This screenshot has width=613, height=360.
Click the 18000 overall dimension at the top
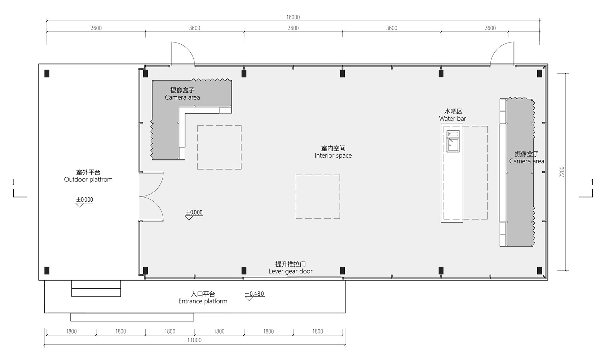click(293, 17)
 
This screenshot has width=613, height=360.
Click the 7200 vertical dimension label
click(562, 172)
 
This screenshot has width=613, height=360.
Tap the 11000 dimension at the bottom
click(194, 340)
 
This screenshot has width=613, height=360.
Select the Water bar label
click(453, 119)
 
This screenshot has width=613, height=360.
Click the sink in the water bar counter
click(453, 141)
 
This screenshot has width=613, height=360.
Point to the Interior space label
click(333, 155)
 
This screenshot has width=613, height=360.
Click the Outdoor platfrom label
click(88, 179)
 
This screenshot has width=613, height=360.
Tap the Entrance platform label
click(203, 301)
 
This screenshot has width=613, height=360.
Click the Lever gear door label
click(290, 271)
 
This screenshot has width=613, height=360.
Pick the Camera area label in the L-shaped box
click(182, 97)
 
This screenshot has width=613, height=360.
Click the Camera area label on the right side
click(526, 161)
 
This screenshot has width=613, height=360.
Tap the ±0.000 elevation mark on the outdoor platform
click(84, 202)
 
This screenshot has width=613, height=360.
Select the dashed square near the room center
click(318, 197)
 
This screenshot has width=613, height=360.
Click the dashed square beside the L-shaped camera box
click(219, 147)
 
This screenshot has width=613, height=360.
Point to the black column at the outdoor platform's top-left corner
click(47, 73)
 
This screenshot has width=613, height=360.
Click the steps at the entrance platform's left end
click(96, 288)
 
